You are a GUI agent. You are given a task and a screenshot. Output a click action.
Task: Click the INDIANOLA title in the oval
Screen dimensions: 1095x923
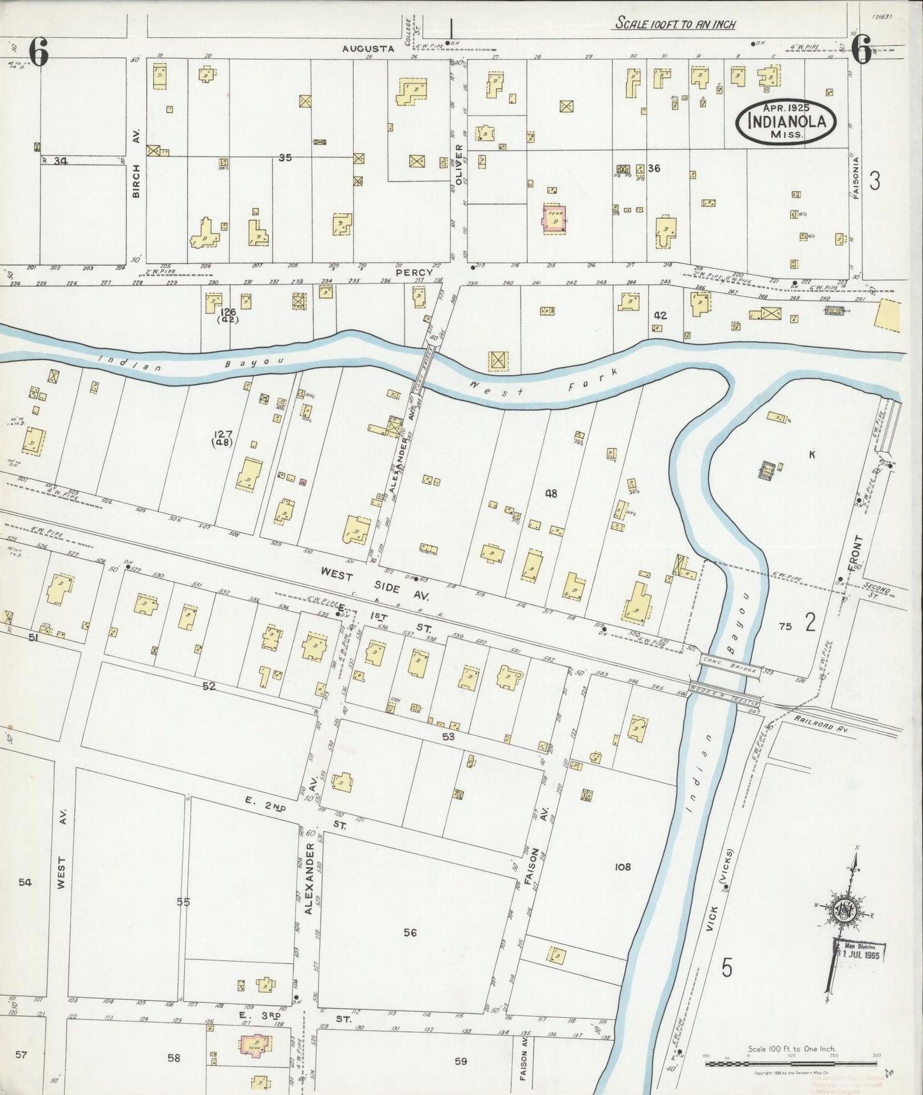tap(786, 121)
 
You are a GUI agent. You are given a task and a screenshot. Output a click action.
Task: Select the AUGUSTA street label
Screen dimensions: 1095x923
tap(362, 48)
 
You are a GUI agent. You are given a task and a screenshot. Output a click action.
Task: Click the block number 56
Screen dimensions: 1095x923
tap(410, 932)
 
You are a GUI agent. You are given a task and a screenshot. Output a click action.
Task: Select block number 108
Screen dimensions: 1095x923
tap(622, 867)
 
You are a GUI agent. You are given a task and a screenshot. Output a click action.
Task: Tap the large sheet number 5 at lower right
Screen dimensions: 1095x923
tap(727, 969)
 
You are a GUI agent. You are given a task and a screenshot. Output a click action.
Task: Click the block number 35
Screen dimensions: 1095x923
tap(285, 157)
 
